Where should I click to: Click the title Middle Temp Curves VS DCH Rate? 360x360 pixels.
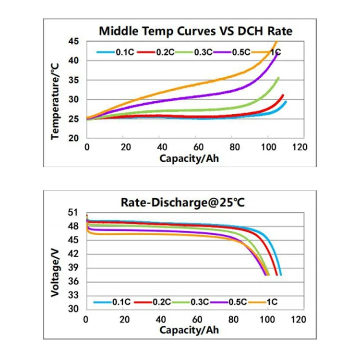click(x=196, y=31)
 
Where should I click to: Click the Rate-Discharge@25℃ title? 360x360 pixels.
click(x=183, y=203)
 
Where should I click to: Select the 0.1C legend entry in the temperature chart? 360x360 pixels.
click(x=115, y=52)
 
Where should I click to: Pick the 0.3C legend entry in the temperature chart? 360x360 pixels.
click(x=194, y=52)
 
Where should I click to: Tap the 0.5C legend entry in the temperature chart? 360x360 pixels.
click(x=232, y=52)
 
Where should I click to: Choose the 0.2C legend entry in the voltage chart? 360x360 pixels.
click(x=153, y=302)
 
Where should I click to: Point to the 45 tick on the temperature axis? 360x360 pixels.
click(x=73, y=42)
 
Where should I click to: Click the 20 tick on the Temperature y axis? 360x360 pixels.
click(x=73, y=138)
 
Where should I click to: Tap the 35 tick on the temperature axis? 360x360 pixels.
click(x=73, y=80)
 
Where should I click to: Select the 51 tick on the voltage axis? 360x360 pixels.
click(x=73, y=213)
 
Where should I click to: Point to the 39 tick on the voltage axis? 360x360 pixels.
click(x=73, y=268)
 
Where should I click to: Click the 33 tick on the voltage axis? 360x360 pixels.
click(x=73, y=295)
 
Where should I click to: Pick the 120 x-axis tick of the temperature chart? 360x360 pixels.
click(x=300, y=147)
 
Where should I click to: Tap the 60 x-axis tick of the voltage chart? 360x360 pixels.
click(x=197, y=319)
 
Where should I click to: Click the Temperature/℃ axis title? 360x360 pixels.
click(x=55, y=101)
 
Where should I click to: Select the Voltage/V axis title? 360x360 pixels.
click(x=55, y=273)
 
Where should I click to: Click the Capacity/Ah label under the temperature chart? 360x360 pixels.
click(x=189, y=159)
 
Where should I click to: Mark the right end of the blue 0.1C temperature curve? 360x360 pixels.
click(x=286, y=101)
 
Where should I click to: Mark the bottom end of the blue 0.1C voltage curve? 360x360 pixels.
click(x=281, y=275)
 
